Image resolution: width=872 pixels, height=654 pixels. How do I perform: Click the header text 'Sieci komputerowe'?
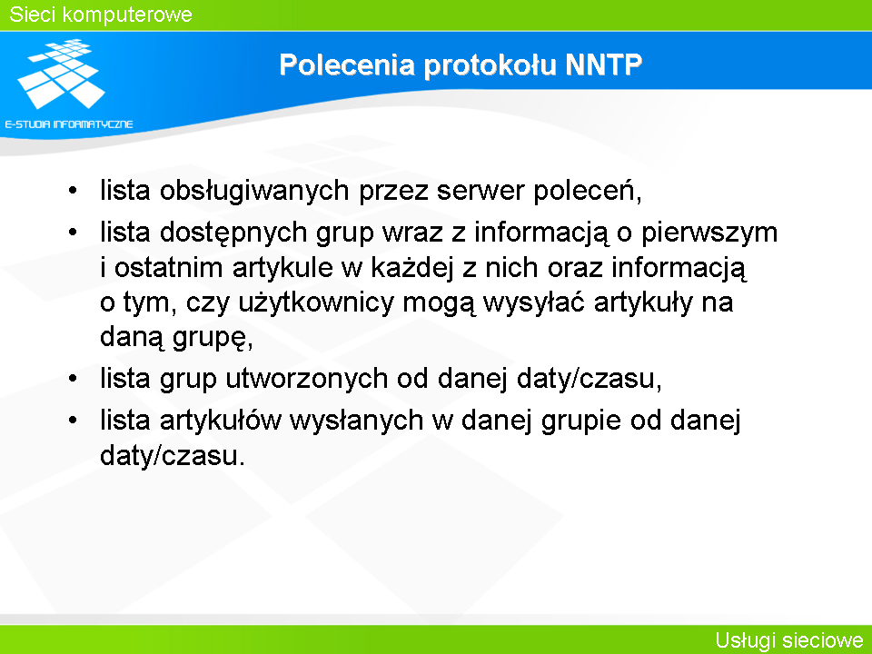(101, 15)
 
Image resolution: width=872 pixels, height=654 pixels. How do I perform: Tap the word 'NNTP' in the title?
(603, 64)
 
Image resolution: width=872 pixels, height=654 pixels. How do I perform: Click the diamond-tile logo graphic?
(61, 74)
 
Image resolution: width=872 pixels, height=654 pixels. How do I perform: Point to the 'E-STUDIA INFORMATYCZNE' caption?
(69, 124)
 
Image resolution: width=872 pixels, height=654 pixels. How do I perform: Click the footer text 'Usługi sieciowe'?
(789, 640)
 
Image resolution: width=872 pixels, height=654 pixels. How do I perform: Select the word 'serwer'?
(481, 191)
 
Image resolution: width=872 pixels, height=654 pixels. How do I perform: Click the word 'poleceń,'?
(588, 192)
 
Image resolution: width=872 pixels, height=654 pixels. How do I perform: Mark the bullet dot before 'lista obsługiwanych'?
(73, 192)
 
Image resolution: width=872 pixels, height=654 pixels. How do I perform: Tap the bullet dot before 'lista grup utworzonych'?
(73, 380)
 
